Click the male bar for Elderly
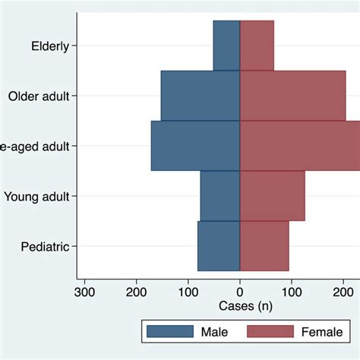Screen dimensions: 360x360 tap(226, 46)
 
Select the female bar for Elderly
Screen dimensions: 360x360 tap(257, 46)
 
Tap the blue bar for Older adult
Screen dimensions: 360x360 tap(200, 96)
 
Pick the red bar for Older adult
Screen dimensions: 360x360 tap(292, 96)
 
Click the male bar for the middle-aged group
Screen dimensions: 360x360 tap(195, 146)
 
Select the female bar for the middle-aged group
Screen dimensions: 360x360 tap(299, 146)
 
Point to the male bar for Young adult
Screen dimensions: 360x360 tap(220, 196)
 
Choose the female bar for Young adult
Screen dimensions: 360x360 tap(272, 196)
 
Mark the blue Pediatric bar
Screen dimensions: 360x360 tap(219, 246)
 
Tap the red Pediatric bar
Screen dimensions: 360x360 tap(264, 246)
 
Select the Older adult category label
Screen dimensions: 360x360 tap(39, 96)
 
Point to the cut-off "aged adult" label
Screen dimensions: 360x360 tap(35, 146)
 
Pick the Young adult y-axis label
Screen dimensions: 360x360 tap(36, 196)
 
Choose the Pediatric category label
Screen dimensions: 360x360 tap(46, 246)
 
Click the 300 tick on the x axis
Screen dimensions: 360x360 tap(84, 291)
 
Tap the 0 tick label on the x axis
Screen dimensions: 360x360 tap(240, 291)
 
